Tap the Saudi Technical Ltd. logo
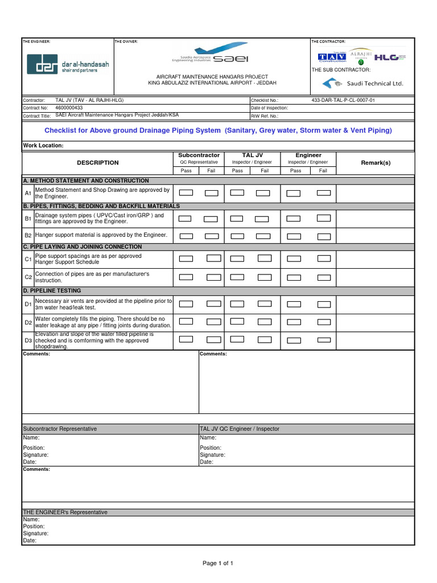tap(362, 83)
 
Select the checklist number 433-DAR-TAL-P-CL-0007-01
tap(343, 100)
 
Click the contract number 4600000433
tap(69, 108)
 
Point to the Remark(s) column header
tap(376, 163)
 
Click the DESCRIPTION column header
tap(98, 163)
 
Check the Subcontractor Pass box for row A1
tap(186, 193)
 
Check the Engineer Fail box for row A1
tap(323, 193)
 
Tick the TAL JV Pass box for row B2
tap(237, 235)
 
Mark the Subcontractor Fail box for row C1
tap(213, 258)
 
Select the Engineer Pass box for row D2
tap(294, 322)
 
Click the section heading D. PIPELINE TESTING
tap(52, 290)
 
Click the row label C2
tap(28, 277)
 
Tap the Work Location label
tap(43, 146)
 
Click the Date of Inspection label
tap(269, 108)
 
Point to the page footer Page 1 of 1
tap(218, 563)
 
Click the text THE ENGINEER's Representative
tap(65, 512)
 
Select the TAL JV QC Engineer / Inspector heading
tap(240, 429)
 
